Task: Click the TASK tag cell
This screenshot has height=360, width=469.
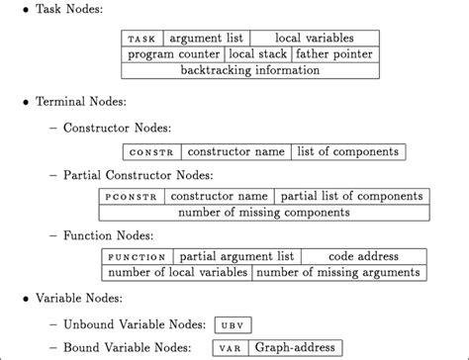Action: pos(142,39)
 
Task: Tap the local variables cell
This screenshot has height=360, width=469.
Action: pos(314,39)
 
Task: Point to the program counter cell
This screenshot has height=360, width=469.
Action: pos(173,55)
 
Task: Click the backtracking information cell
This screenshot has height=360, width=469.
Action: pos(250,72)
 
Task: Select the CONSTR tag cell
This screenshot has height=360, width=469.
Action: pos(151,152)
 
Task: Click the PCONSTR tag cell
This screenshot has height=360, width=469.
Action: pos(131,197)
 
